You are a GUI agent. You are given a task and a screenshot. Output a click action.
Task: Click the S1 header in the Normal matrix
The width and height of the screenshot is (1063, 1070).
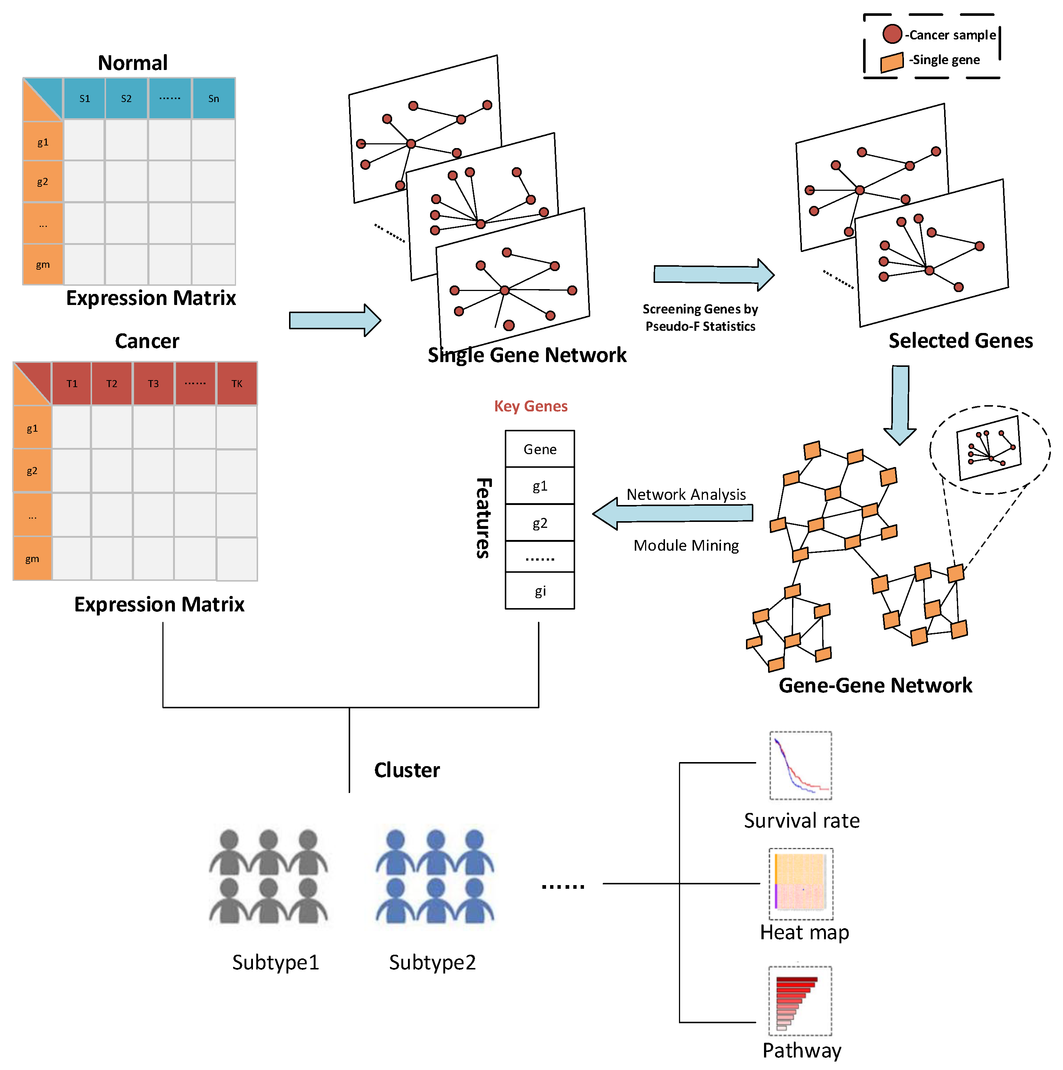84,99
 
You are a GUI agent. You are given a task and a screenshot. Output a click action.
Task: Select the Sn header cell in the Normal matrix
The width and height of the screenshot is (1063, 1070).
213,99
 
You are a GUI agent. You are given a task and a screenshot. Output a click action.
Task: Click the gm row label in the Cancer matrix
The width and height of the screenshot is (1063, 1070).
32,558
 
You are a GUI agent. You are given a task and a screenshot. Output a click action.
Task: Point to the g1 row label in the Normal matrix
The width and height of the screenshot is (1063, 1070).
43,142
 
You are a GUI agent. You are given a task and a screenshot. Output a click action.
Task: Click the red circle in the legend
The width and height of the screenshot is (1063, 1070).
892,34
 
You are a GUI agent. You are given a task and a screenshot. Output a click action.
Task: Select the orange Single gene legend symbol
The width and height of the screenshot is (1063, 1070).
891,62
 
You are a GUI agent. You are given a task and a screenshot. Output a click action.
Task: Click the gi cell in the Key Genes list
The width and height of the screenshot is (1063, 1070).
540,591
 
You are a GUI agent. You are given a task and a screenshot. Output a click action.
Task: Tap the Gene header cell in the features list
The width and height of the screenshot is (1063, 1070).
540,449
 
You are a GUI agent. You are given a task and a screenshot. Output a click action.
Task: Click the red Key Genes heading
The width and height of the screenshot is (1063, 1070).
530,406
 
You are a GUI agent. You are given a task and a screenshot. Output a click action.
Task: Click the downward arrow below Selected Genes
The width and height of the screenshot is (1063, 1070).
900,404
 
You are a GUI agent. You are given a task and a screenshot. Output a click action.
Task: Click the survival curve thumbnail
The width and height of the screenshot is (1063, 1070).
800,765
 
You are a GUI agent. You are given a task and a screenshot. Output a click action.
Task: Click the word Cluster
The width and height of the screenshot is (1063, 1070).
407,770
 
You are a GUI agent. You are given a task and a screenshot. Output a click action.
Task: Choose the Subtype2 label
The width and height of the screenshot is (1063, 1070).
432,962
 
